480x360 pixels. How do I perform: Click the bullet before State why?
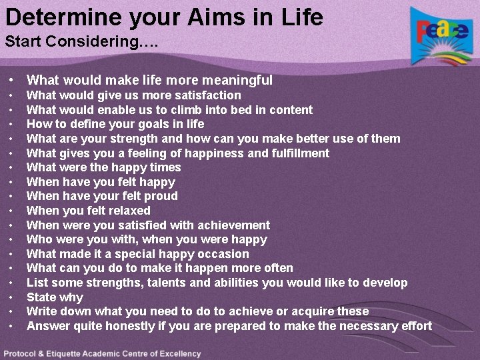(13, 297)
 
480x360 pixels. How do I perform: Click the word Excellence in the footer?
(176, 353)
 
